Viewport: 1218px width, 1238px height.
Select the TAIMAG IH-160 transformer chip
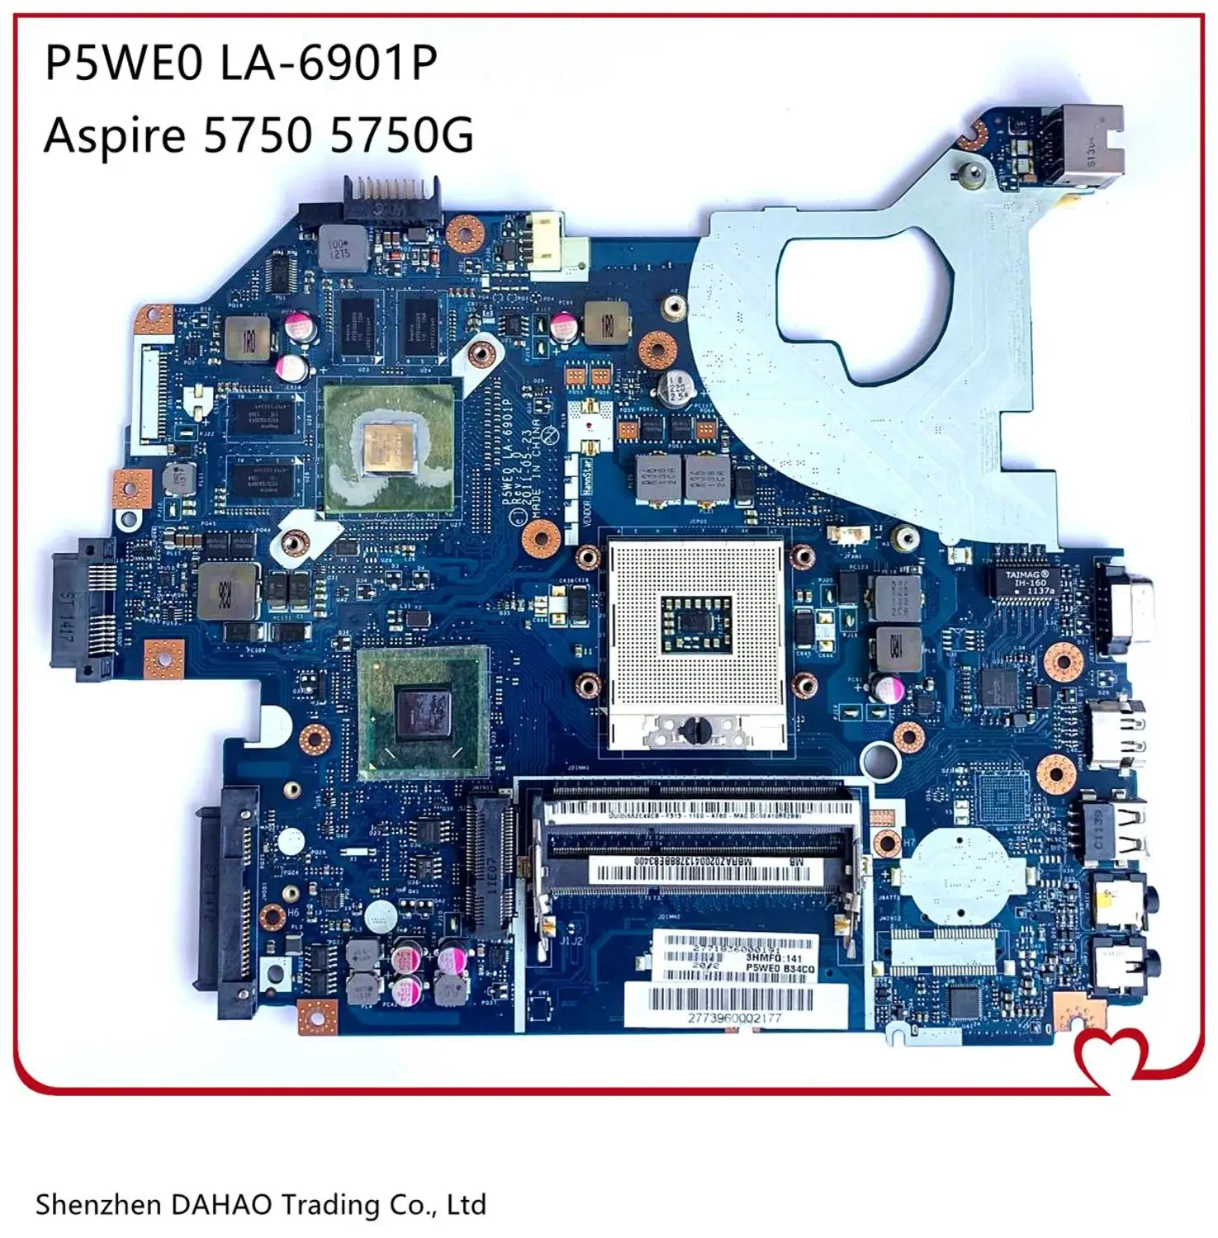click(x=1027, y=582)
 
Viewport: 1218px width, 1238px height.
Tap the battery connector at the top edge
click(x=391, y=199)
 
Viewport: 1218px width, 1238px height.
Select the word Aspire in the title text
click(x=114, y=135)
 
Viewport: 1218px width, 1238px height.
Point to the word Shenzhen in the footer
click(x=98, y=1204)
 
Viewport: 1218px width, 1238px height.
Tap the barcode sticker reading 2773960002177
click(x=734, y=1005)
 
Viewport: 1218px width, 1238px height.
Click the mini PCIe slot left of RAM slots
click(x=487, y=859)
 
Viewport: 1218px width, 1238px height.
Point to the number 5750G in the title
click(x=401, y=135)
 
